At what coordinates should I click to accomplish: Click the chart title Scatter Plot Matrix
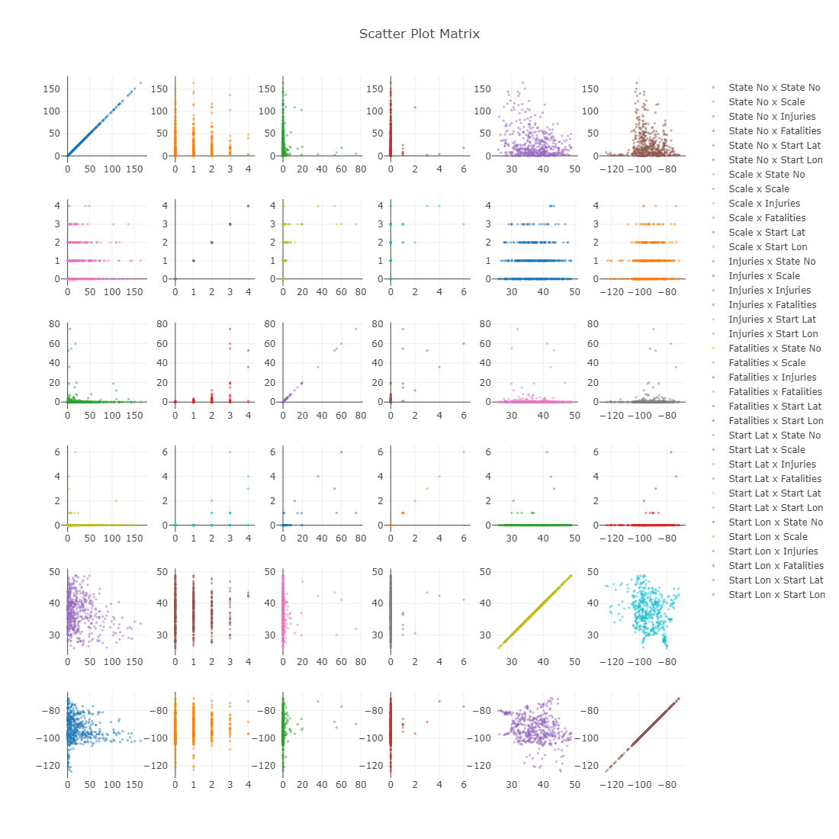click(419, 34)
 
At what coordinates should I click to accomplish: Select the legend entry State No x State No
click(774, 88)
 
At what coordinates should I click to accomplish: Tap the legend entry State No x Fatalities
click(774, 131)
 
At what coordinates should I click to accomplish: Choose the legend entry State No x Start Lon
click(775, 160)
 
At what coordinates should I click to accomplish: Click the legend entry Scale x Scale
click(759, 189)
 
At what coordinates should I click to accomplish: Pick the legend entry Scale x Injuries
click(764, 204)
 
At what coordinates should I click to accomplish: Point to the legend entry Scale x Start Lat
click(767, 233)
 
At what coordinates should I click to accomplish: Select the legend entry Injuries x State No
click(772, 262)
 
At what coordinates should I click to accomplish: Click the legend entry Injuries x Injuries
click(770, 291)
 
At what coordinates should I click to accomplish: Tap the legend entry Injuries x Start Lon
click(773, 334)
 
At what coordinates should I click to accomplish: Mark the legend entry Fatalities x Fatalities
click(775, 392)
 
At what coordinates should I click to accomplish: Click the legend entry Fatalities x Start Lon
click(776, 421)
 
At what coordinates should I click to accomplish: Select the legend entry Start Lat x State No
click(774, 436)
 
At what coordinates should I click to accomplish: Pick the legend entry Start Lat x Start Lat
click(774, 493)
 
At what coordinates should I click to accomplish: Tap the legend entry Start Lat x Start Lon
click(776, 508)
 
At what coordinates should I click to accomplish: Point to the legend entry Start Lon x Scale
click(767, 537)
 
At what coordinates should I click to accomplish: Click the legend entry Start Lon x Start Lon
click(776, 595)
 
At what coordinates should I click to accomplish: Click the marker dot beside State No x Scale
click(713, 102)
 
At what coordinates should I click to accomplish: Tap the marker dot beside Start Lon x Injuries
click(713, 551)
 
